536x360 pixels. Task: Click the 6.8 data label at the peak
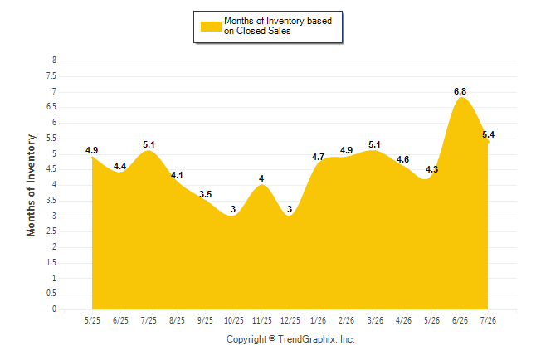tap(460, 91)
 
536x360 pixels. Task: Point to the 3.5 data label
tap(206, 195)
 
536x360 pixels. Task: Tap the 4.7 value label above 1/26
tap(318, 157)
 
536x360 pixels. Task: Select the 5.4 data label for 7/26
tap(488, 134)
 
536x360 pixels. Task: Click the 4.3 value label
tap(431, 169)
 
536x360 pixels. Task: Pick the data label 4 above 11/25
tap(261, 179)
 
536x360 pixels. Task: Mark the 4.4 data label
tap(120, 166)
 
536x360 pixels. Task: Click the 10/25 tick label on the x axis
tap(234, 320)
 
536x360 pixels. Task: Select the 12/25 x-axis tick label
tap(290, 320)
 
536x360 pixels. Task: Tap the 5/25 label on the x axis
tap(92, 320)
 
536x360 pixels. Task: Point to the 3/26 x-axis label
tap(375, 320)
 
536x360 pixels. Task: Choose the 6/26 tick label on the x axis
tap(460, 320)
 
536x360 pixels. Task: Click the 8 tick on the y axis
tap(54, 61)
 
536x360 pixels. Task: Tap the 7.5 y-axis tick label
tap(51, 75)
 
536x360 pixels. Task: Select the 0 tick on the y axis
tap(54, 309)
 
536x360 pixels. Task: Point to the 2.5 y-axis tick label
tap(51, 231)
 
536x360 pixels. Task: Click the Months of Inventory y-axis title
tap(31, 185)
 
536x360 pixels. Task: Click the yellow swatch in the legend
tap(211, 27)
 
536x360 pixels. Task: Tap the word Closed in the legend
tap(251, 31)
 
